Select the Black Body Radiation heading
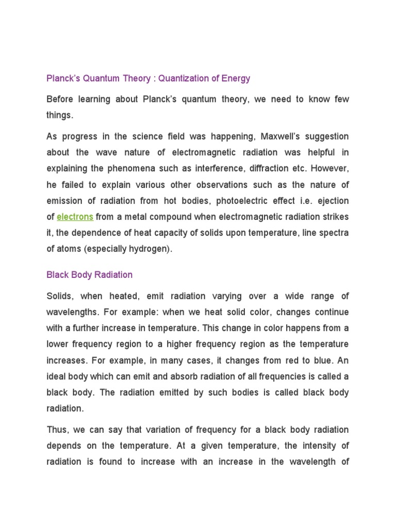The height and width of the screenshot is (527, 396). [89, 275]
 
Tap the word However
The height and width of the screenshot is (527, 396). [331, 169]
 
